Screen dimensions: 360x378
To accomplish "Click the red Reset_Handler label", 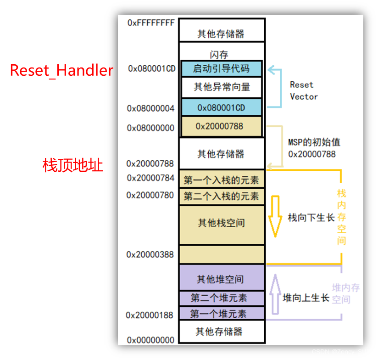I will pyautogui.click(x=61, y=70).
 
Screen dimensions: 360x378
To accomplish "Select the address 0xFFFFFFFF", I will pyautogui.click(x=151, y=22).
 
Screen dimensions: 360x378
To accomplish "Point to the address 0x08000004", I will pyautogui.click(x=150, y=109).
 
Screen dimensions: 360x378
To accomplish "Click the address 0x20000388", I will pyautogui.click(x=150, y=254).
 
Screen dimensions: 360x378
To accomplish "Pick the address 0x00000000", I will pyautogui.click(x=150, y=340).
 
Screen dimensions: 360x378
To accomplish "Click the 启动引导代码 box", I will pyautogui.click(x=221, y=69).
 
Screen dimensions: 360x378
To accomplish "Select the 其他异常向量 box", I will pyautogui.click(x=222, y=87).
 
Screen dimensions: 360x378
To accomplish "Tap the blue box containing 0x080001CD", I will pyautogui.click(x=221, y=107).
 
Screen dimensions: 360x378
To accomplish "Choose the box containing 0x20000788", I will pyautogui.click(x=222, y=126).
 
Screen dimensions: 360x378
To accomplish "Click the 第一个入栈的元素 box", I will pyautogui.click(x=221, y=180).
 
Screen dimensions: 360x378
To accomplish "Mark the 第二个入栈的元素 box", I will pyautogui.click(x=221, y=196).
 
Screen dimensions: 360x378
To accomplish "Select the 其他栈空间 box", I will pyautogui.click(x=221, y=224).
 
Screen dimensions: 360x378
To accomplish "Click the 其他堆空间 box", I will pyautogui.click(x=220, y=279).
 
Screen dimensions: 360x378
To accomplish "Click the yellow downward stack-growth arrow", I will pyautogui.click(x=275, y=216).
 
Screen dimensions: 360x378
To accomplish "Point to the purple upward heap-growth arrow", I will pyautogui.click(x=274, y=294).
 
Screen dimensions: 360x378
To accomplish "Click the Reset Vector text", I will pyautogui.click(x=303, y=90).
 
